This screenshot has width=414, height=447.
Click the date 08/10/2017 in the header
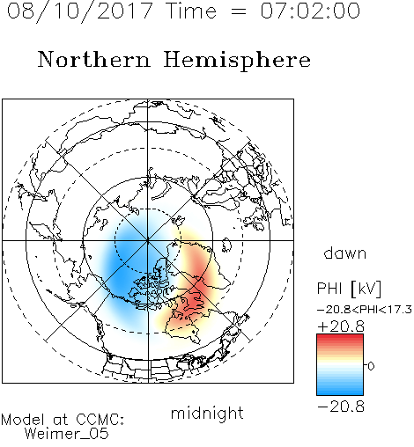point(80,11)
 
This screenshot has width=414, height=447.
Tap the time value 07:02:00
point(310,11)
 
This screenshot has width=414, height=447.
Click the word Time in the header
point(191,11)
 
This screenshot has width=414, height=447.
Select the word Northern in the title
point(94,60)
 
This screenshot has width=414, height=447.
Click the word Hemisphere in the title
point(237,61)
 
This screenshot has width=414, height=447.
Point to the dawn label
point(345,253)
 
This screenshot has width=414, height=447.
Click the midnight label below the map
point(207,413)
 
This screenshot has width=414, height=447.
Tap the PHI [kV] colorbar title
point(349,289)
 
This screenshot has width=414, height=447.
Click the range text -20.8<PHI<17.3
point(365,310)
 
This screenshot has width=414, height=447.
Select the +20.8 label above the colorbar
point(341,326)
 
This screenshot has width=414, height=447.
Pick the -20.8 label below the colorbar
point(341,407)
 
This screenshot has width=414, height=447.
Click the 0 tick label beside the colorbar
point(371,366)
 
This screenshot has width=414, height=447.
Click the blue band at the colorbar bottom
point(340,391)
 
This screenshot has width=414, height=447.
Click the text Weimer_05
point(67,434)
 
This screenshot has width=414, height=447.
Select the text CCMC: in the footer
point(100,419)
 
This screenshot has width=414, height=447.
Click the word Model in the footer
point(23,420)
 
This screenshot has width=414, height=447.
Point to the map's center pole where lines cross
point(148,240)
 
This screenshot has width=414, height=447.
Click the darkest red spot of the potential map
point(196,297)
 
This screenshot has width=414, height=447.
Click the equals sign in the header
point(238,11)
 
